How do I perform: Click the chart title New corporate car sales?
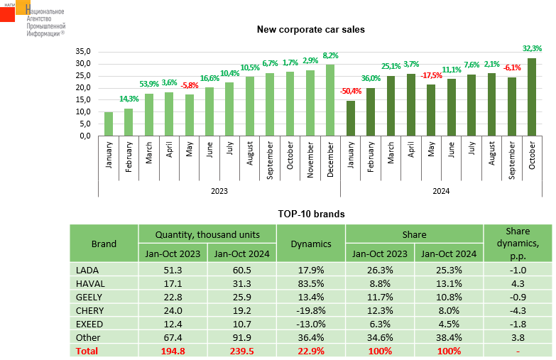pos(310,29)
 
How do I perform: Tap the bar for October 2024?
pos(532,97)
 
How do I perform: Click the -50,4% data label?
pos(351,91)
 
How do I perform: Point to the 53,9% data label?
pos(149,84)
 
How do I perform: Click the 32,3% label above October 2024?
pos(532,48)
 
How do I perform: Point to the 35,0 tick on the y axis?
pos(85,52)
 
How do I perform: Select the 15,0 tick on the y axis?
pos(85,100)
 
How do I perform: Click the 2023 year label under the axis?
pos(219,190)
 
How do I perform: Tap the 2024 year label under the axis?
pos(441,190)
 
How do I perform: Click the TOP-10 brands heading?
pos(310,213)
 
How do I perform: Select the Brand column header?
pos(104,244)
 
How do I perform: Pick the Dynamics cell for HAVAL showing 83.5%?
pos(311,283)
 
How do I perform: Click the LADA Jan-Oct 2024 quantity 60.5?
pos(241,270)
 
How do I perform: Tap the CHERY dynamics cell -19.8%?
pos(311,310)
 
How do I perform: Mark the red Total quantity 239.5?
pos(241,351)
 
